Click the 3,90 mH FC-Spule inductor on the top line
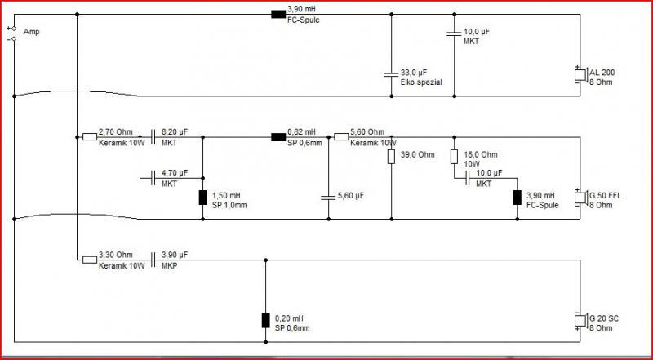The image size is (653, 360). [278, 15]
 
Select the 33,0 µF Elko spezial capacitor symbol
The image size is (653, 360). [391, 75]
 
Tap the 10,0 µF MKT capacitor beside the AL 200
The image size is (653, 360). [454, 33]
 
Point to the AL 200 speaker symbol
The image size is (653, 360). [580, 75]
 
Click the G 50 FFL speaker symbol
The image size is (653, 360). [580, 198]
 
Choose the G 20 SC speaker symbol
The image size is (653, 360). [580, 321]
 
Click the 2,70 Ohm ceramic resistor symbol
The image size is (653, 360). [90, 136]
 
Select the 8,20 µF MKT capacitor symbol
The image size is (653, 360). [153, 136]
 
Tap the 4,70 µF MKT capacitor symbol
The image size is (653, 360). [153, 178]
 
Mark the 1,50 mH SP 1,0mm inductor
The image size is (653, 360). [202, 198]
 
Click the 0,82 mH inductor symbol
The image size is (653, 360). [278, 137]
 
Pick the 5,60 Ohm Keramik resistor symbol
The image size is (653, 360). [341, 136]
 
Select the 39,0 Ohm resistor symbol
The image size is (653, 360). [391, 157]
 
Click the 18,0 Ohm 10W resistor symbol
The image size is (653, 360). [454, 157]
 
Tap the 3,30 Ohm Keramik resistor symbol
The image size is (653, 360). [90, 260]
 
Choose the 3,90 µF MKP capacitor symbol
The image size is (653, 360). [153, 260]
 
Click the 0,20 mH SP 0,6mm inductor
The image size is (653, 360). [265, 321]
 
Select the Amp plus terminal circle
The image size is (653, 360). [14, 29]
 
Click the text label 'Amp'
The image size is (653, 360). [32, 32]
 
